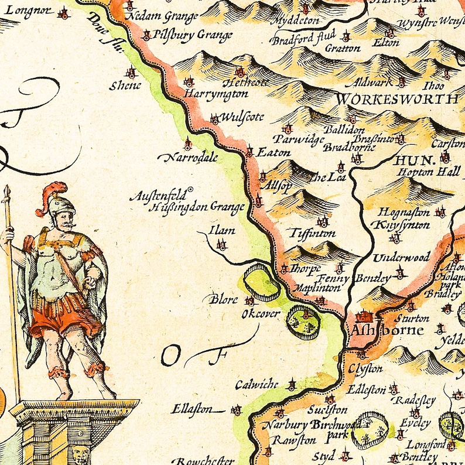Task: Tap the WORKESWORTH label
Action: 396,98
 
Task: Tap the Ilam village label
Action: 223,230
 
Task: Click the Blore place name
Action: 224,299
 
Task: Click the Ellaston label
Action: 192,409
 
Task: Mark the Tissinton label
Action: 313,233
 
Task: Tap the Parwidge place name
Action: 301,140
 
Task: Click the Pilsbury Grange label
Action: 193,35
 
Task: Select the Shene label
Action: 125,86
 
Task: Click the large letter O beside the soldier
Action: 172,354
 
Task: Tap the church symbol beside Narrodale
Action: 187,143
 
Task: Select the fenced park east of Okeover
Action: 303,322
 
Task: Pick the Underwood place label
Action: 401,257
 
